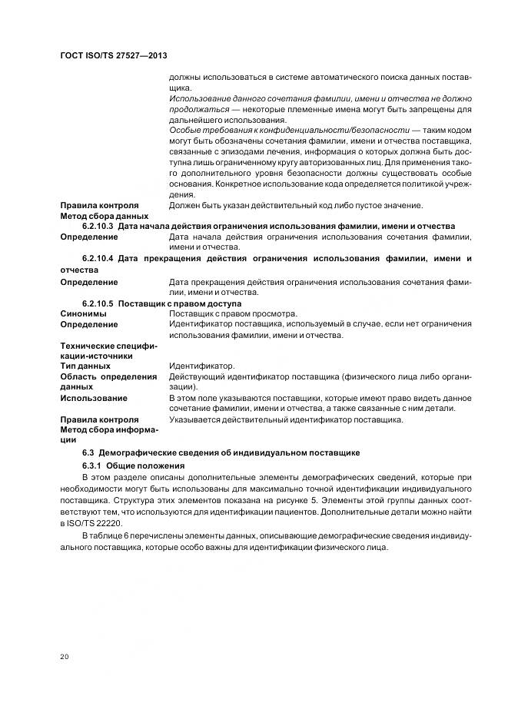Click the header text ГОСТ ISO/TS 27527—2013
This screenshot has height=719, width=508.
coord(114,57)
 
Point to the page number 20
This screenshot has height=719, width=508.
coord(65,656)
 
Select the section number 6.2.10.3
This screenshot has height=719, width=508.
coord(98,227)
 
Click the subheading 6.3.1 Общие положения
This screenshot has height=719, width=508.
coord(133,466)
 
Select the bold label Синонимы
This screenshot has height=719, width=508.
coord(85,314)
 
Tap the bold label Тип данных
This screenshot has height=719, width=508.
coord(86,366)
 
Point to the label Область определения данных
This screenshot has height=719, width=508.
coord(108,382)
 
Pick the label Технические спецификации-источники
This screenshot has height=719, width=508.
coord(108,351)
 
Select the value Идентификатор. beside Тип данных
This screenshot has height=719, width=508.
coord(201,366)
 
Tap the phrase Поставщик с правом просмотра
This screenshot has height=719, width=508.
coord(232,314)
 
